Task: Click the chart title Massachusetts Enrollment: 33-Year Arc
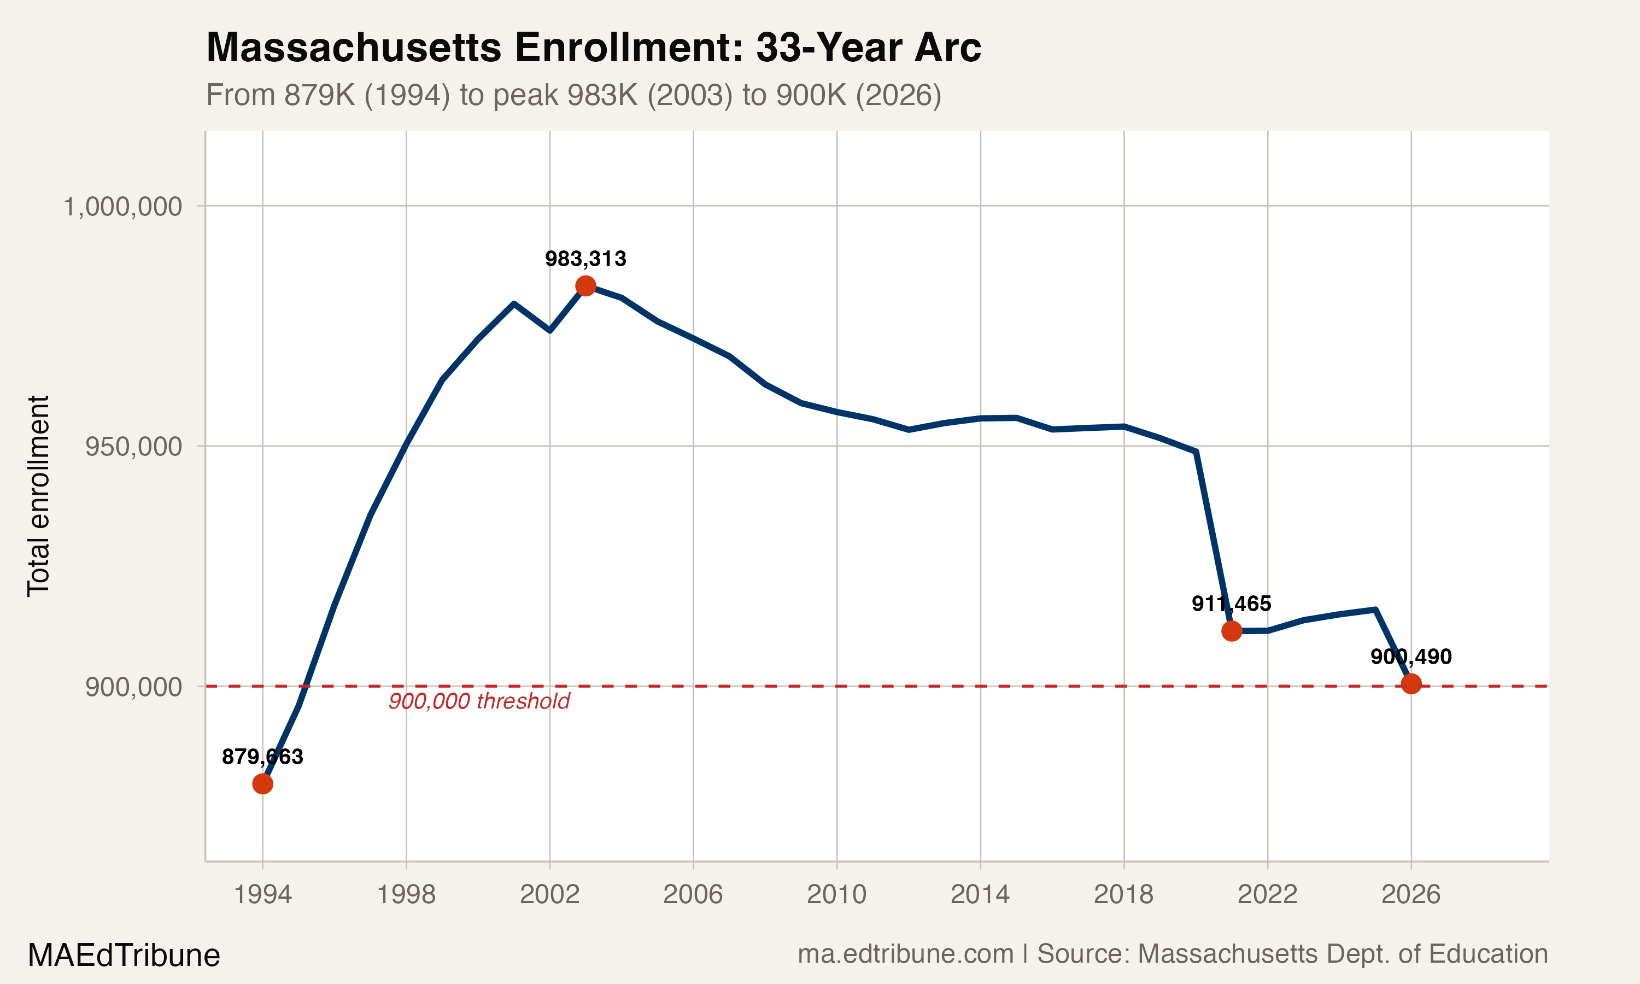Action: [593, 48]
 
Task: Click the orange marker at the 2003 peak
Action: [585, 286]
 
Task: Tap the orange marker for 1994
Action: [262, 784]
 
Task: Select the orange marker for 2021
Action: [1232, 631]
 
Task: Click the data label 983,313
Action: [585, 259]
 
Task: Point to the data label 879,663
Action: [262, 757]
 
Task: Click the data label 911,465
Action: [1231, 604]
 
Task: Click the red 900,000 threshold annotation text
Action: [479, 701]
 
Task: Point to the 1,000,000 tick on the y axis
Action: [122, 207]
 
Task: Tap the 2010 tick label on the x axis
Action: [836, 894]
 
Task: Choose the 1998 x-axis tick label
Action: [406, 894]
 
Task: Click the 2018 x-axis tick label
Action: [1123, 894]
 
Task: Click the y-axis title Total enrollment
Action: [38, 496]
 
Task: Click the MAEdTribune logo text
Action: [124, 956]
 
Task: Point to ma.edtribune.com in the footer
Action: [905, 954]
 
